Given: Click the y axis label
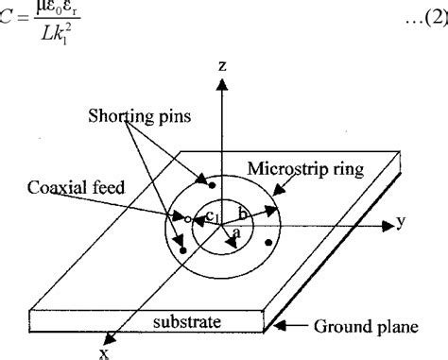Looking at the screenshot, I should [403, 222].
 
